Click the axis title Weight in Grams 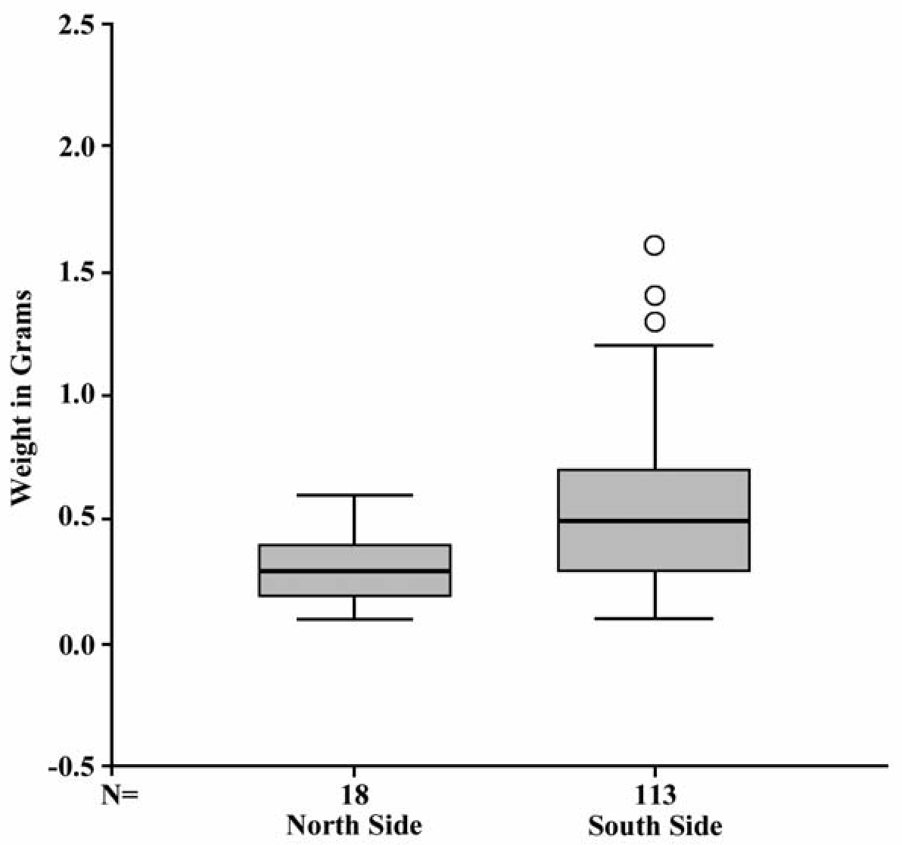coord(22,397)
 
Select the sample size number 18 coord(354,796)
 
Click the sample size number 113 coord(655,796)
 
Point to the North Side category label coord(354,824)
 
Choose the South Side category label coord(655,824)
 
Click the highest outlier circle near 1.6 coord(655,245)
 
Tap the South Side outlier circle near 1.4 coord(655,295)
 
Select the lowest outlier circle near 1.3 coord(655,322)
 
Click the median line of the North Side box coord(354,570)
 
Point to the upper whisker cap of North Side coord(354,495)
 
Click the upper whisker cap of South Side coord(655,345)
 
